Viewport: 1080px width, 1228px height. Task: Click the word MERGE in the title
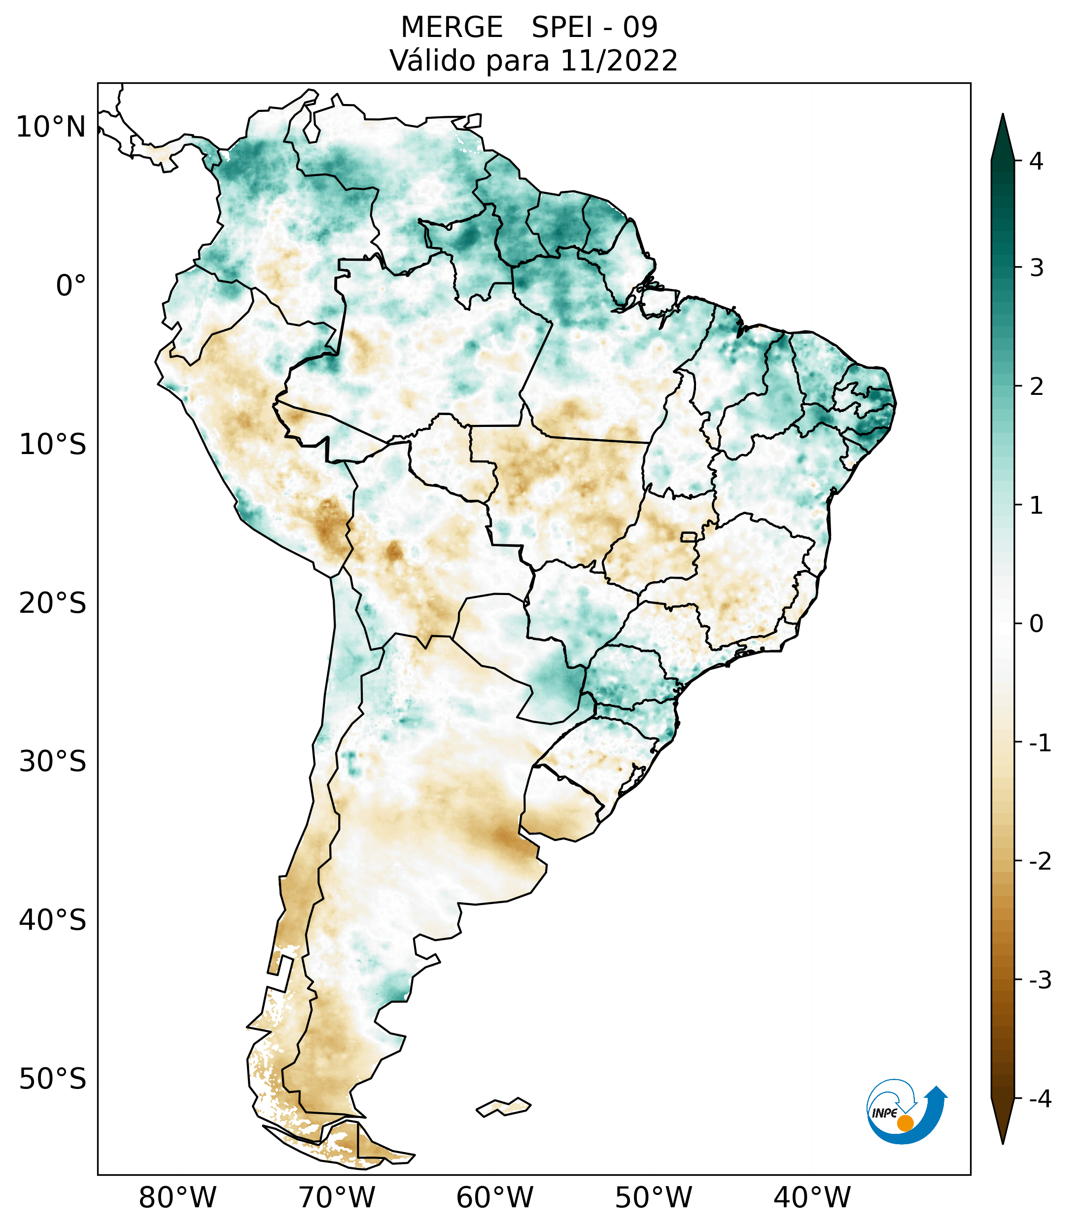pyautogui.click(x=452, y=28)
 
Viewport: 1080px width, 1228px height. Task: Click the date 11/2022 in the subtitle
pyautogui.click(x=618, y=61)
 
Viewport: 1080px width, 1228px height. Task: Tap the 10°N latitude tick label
pyautogui.click(x=51, y=127)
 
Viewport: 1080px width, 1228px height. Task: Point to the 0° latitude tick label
pyautogui.click(x=71, y=286)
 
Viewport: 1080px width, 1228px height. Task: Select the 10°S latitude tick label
pyautogui.click(x=53, y=445)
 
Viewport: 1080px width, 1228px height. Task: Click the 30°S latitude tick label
pyautogui.click(x=53, y=762)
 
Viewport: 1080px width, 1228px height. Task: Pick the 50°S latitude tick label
pyautogui.click(x=53, y=1079)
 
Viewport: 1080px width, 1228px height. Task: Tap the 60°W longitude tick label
pyautogui.click(x=494, y=1197)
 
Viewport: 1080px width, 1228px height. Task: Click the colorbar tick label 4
pyautogui.click(x=1036, y=161)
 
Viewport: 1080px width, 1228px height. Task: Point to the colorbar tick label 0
pyautogui.click(x=1036, y=624)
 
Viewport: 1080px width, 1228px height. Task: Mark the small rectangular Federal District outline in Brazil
pyautogui.click(x=688, y=536)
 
